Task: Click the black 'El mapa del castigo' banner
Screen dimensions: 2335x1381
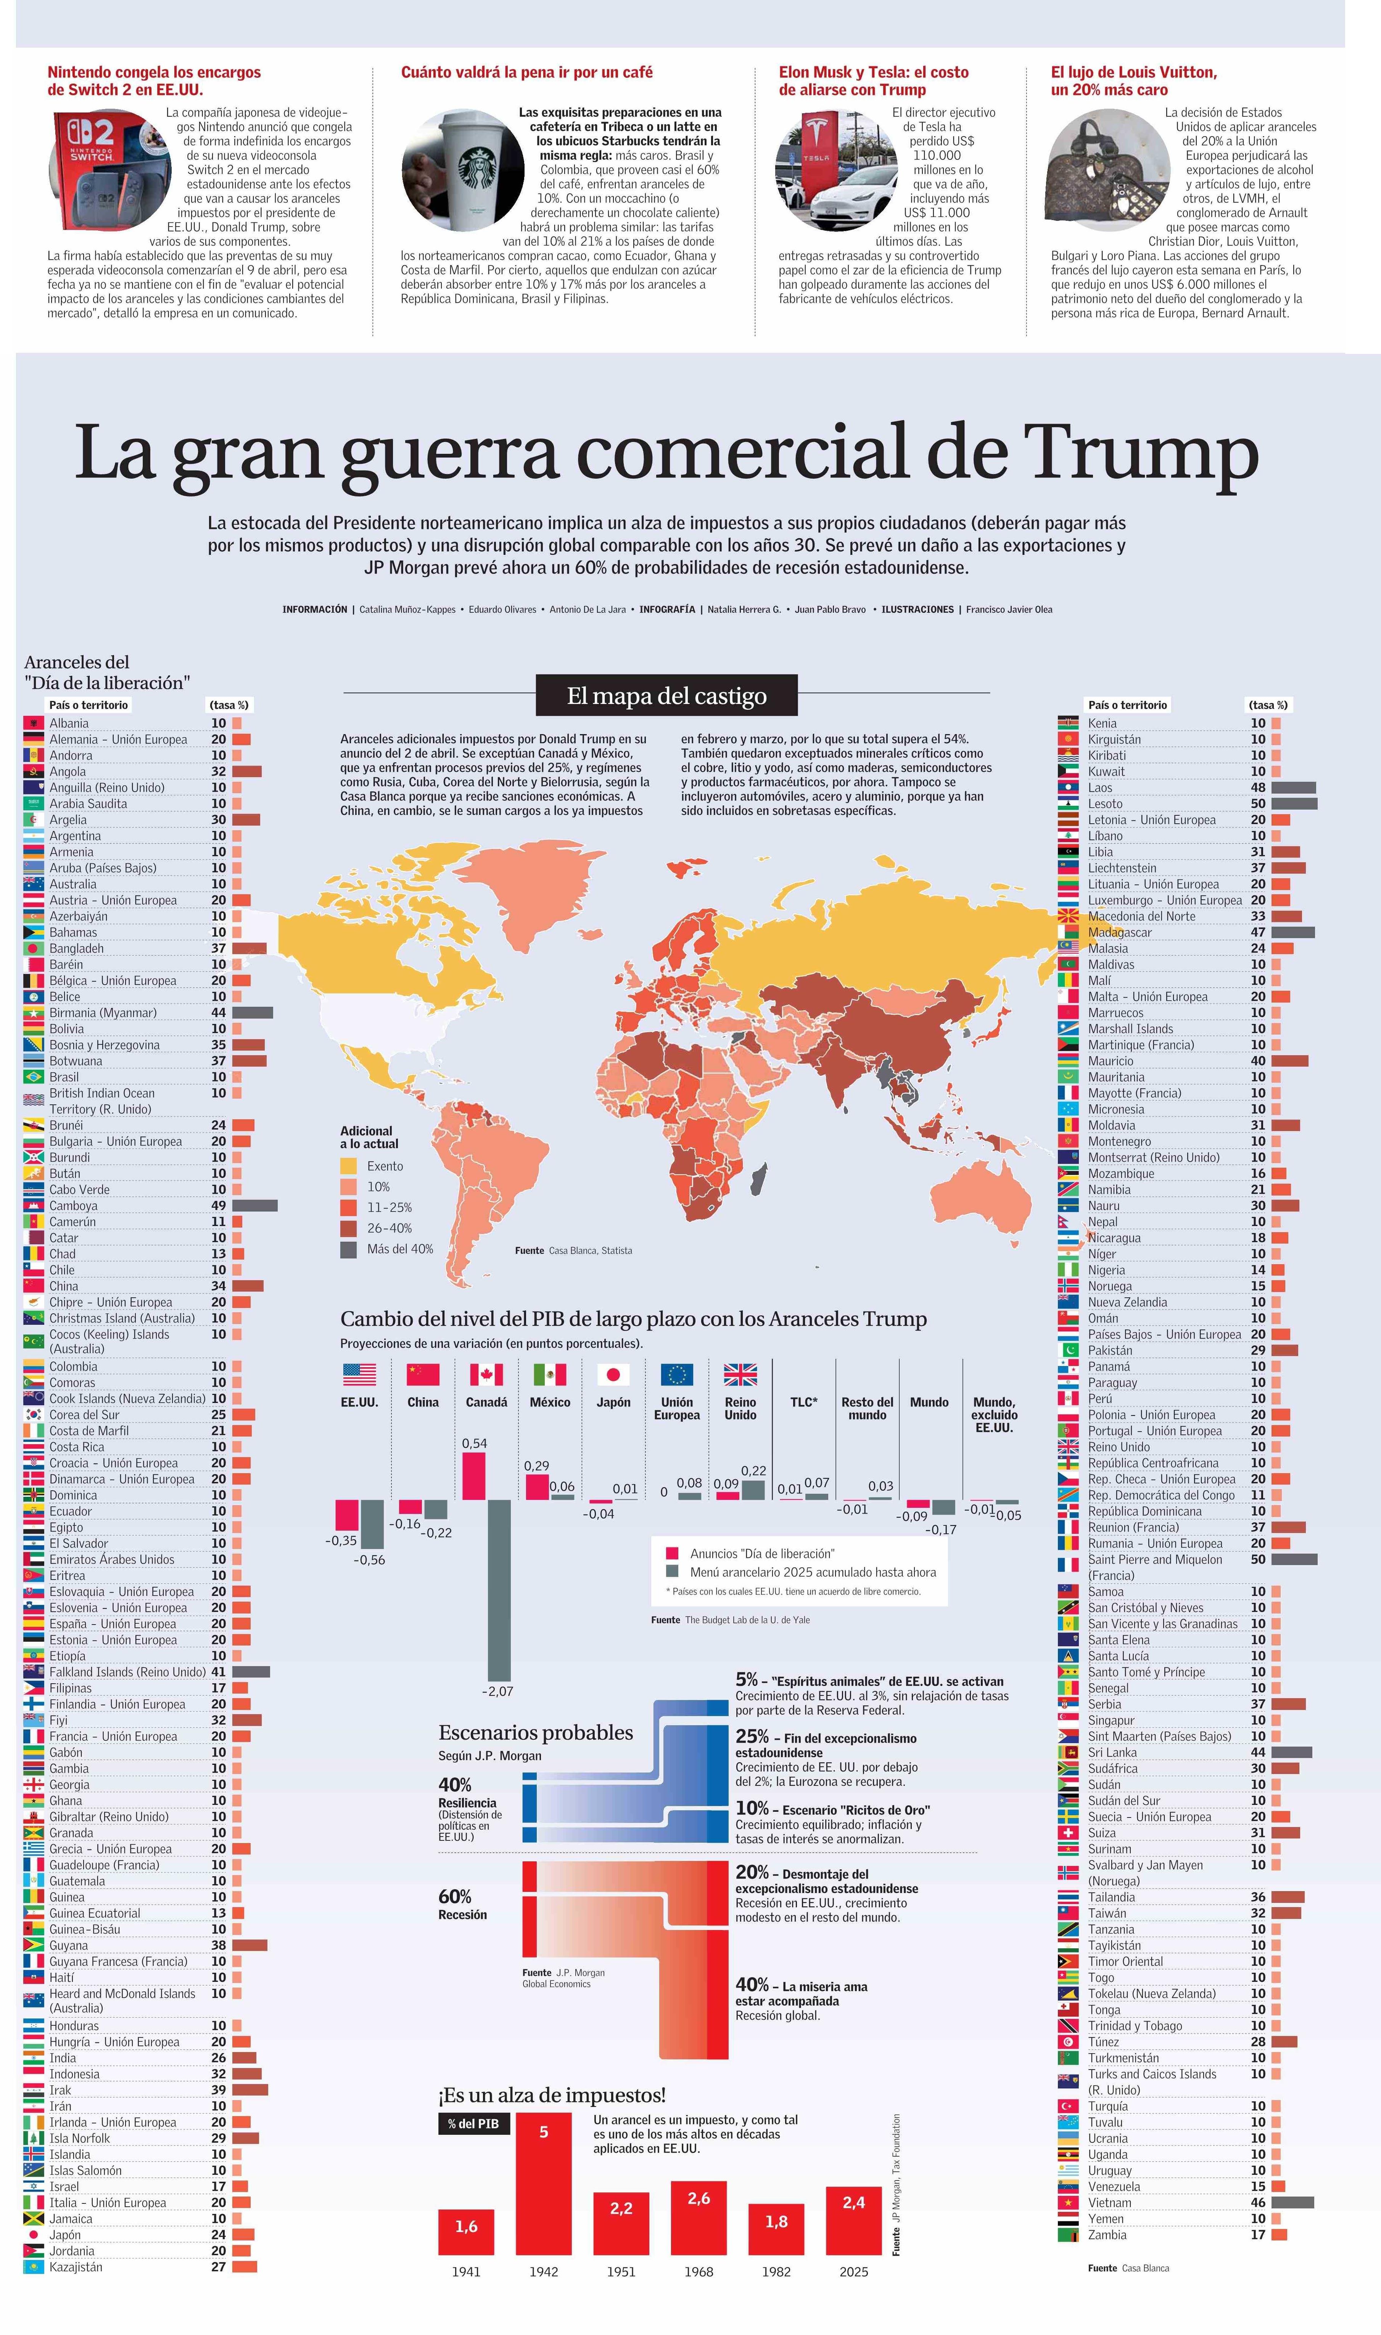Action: [x=666, y=696]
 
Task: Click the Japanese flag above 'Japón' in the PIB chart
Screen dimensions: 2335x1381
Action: [x=613, y=1375]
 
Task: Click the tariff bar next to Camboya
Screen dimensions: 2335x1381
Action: [x=254, y=1206]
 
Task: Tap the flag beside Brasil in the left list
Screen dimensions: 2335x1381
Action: [x=34, y=1077]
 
